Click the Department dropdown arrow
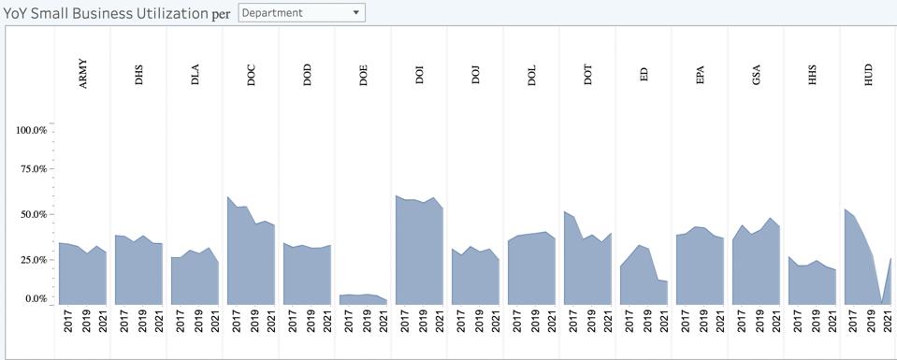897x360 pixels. pyautogui.click(x=355, y=13)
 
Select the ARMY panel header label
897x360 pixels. pyautogui.click(x=83, y=79)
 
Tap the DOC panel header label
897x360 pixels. pyautogui.click(x=252, y=79)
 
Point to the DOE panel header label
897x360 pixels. pyautogui.click(x=364, y=79)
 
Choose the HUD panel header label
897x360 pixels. pyautogui.click(x=869, y=79)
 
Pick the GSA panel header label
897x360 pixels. pyautogui.click(x=757, y=79)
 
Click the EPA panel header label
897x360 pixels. pyautogui.click(x=701, y=79)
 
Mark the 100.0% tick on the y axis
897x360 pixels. pyautogui.click(x=32, y=130)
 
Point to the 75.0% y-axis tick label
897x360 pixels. pyautogui.click(x=34, y=169)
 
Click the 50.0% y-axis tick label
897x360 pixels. pyautogui.click(x=34, y=214)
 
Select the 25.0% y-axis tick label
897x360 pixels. pyautogui.click(x=34, y=259)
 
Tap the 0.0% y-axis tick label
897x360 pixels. pyautogui.click(x=36, y=299)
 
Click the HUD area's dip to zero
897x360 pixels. pyautogui.click(x=881, y=301)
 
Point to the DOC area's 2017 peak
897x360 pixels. pyautogui.click(x=228, y=198)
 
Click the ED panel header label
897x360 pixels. pyautogui.click(x=644, y=79)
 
